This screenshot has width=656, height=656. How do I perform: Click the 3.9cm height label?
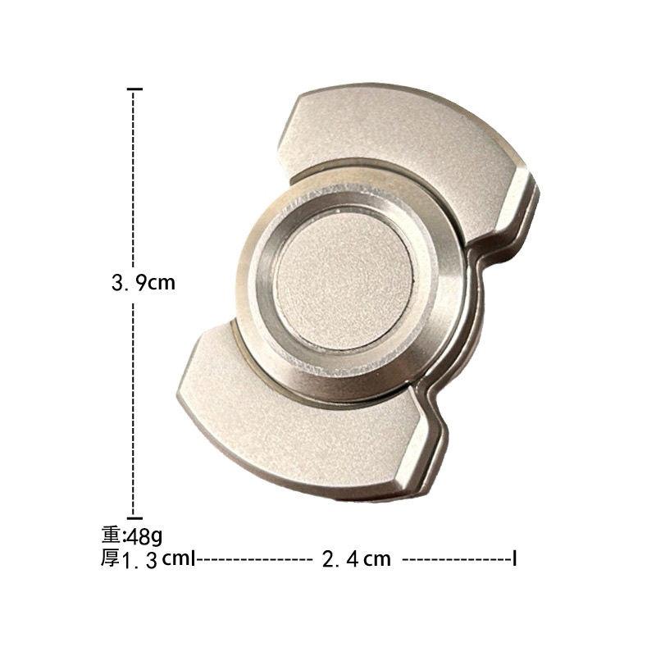tap(143, 283)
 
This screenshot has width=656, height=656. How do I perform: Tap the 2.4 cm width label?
tap(357, 559)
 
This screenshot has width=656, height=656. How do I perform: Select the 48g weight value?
tap(144, 536)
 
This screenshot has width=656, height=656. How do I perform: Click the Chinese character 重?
tap(111, 535)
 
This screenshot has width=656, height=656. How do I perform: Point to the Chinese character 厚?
tap(110, 558)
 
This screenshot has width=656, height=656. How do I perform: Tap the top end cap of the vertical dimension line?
tap(134, 89)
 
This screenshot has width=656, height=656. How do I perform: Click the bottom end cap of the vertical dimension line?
tap(134, 518)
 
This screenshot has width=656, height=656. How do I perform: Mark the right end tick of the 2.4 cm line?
tap(515, 558)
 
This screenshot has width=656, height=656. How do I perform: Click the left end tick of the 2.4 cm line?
tap(193, 558)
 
